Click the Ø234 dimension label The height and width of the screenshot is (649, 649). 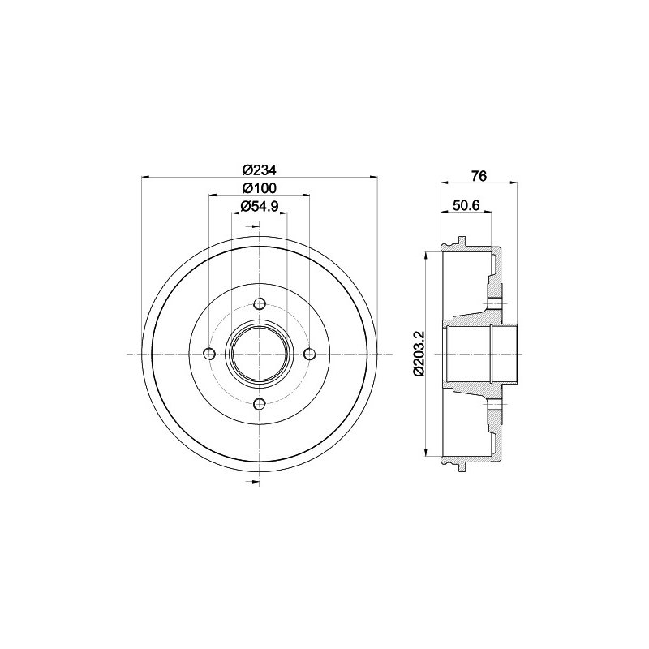(x=259, y=170)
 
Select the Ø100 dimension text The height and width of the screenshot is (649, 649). (x=259, y=188)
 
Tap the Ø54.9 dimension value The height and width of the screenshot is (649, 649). (x=259, y=206)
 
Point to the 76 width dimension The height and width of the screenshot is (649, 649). (x=479, y=176)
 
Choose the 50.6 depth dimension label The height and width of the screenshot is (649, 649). (x=466, y=205)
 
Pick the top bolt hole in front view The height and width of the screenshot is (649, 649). (x=260, y=303)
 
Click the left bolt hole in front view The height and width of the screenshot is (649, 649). (x=210, y=354)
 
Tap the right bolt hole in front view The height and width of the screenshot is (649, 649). (x=309, y=354)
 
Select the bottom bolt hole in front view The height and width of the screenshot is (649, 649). (x=260, y=403)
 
